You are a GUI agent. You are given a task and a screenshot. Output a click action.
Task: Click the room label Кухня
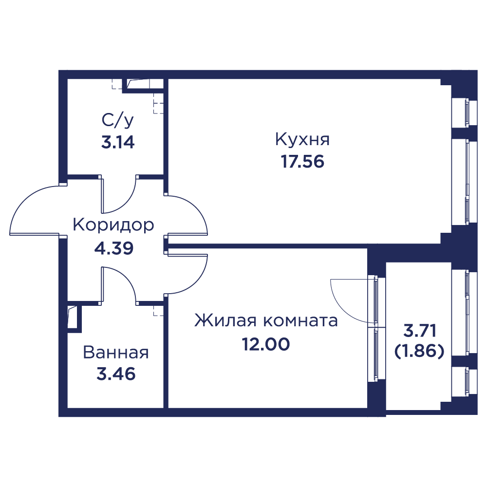point(302,139)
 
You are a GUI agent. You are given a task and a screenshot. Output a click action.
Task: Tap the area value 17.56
point(302,162)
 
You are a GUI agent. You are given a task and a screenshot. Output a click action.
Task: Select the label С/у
point(118,120)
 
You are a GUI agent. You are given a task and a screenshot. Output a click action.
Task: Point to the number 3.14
point(118,142)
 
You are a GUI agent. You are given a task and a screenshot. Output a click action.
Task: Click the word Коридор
point(113,225)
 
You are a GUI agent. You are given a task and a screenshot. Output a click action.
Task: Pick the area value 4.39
point(113,248)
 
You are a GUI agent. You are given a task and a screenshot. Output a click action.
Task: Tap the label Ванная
point(116,353)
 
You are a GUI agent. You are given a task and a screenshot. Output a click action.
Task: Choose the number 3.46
point(116,374)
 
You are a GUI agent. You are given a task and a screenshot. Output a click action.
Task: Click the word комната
point(300,321)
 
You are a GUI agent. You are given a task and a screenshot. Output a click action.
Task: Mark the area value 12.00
point(266,344)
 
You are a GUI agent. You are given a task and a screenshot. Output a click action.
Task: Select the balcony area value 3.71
point(420,331)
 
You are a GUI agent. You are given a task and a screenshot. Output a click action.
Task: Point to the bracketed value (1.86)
point(419,352)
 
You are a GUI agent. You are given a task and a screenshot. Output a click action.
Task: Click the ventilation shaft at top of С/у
point(143,86)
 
